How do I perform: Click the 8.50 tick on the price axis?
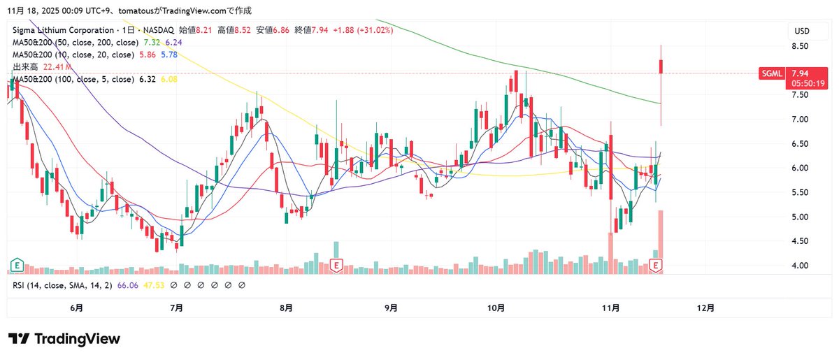800,46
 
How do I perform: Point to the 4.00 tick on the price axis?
800,266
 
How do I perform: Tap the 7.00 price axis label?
800,120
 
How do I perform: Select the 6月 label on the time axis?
77,308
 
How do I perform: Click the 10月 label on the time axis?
496,308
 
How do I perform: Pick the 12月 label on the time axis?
707,308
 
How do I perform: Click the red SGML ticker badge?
771,73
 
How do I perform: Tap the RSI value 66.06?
127,285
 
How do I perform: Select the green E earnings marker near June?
15,265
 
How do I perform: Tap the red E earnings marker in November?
656,265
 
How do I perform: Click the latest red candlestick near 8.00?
661,66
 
